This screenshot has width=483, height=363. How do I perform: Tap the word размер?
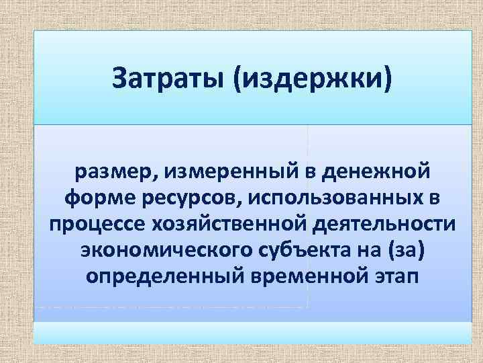117,173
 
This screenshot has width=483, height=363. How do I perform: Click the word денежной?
376,173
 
